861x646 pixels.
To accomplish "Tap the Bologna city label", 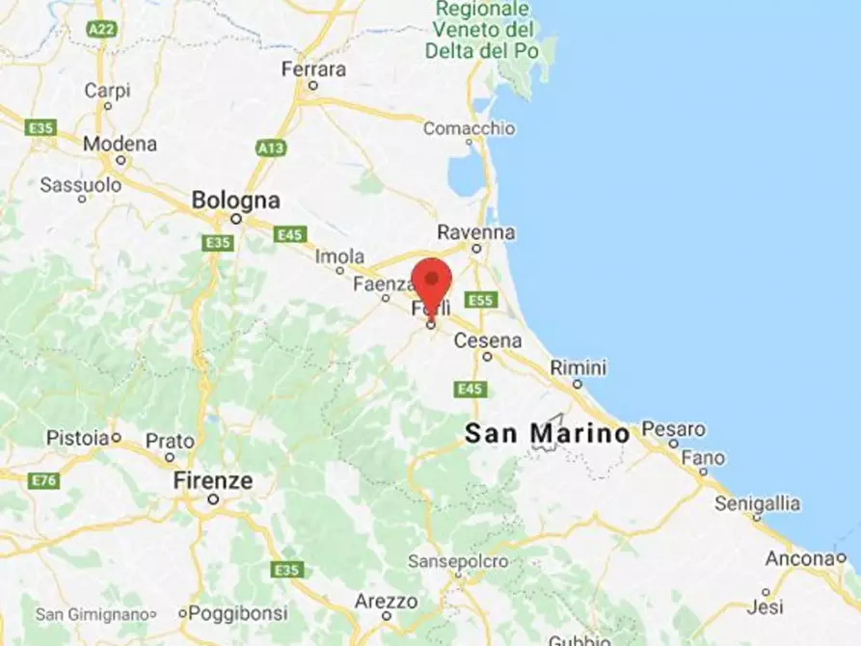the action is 235,201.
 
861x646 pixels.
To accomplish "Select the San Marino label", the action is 547,433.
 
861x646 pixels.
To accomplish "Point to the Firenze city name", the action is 213,480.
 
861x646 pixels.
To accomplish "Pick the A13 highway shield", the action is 271,148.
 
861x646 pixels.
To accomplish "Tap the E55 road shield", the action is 480,300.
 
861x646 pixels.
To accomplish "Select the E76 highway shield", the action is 43,480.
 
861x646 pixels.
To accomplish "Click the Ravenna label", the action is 475,232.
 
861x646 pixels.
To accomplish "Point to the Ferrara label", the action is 313,69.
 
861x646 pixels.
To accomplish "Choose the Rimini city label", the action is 578,367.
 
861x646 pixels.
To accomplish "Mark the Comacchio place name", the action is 469,127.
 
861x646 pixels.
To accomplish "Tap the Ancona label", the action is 799,558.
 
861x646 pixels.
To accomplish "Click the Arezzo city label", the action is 386,601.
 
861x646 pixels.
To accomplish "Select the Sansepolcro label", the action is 458,560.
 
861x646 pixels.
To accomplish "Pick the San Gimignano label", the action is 93,613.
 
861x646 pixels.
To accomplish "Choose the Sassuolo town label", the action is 81,184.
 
